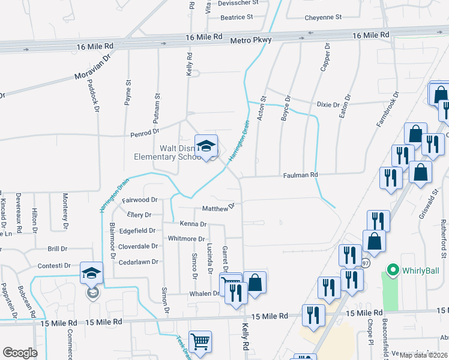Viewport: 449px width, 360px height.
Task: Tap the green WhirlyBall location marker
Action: click(x=394, y=271)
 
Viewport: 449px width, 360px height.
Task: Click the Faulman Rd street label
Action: click(x=300, y=175)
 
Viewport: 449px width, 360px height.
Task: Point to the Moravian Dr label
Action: click(x=93, y=67)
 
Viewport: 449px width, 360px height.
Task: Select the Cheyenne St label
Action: click(x=322, y=17)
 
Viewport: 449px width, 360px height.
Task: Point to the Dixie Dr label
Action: click(x=328, y=104)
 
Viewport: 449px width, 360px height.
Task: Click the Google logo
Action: click(x=20, y=352)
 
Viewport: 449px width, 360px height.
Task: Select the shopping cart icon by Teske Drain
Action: click(x=200, y=342)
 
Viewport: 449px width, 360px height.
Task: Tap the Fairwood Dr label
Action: click(x=139, y=200)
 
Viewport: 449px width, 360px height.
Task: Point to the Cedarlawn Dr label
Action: click(x=138, y=262)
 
